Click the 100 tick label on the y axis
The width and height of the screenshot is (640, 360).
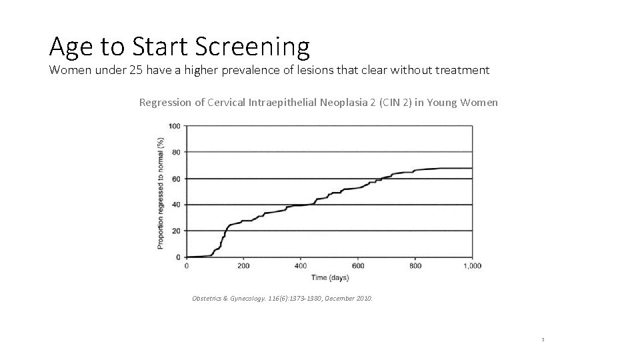(174, 126)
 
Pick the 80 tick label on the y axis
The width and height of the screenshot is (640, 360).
(176, 152)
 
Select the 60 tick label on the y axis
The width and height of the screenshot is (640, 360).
(176, 179)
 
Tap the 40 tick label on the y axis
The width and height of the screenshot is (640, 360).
(176, 205)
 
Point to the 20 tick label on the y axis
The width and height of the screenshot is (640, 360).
(176, 231)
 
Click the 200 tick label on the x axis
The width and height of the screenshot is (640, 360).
(243, 265)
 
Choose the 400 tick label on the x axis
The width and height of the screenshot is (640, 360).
(300, 265)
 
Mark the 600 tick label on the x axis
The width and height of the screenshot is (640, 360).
(357, 265)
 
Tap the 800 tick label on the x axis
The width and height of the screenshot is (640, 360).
(415, 265)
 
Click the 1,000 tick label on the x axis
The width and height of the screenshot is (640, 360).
(471, 265)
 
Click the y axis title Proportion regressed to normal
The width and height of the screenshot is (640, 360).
(161, 193)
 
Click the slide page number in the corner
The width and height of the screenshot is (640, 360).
(543, 339)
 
